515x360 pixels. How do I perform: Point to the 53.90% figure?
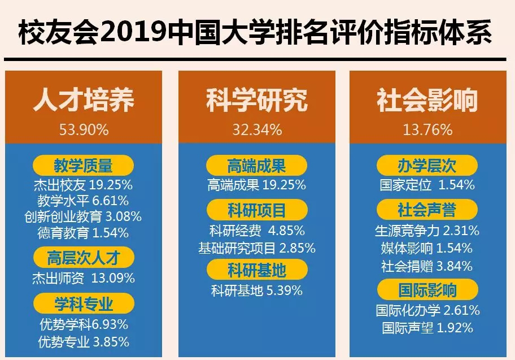point(84,130)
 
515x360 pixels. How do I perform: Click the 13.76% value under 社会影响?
point(427,130)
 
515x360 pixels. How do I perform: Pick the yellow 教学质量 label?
point(84,166)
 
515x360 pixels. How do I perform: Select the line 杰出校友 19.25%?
point(84,184)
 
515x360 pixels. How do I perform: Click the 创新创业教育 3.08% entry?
point(84,216)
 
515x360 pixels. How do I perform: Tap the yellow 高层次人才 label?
point(84,258)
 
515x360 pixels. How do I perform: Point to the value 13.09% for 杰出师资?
point(113,278)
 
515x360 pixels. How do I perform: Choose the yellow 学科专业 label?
point(84,305)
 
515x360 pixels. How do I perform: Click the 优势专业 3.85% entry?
point(84,341)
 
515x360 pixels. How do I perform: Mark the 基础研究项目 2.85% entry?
point(257,248)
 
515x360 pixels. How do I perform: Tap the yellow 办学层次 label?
point(427,166)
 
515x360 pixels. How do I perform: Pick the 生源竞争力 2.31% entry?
point(427,231)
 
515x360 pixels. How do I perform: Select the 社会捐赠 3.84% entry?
point(427,266)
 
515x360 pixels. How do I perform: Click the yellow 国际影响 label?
point(427,290)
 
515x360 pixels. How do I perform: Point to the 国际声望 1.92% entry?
point(427,327)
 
